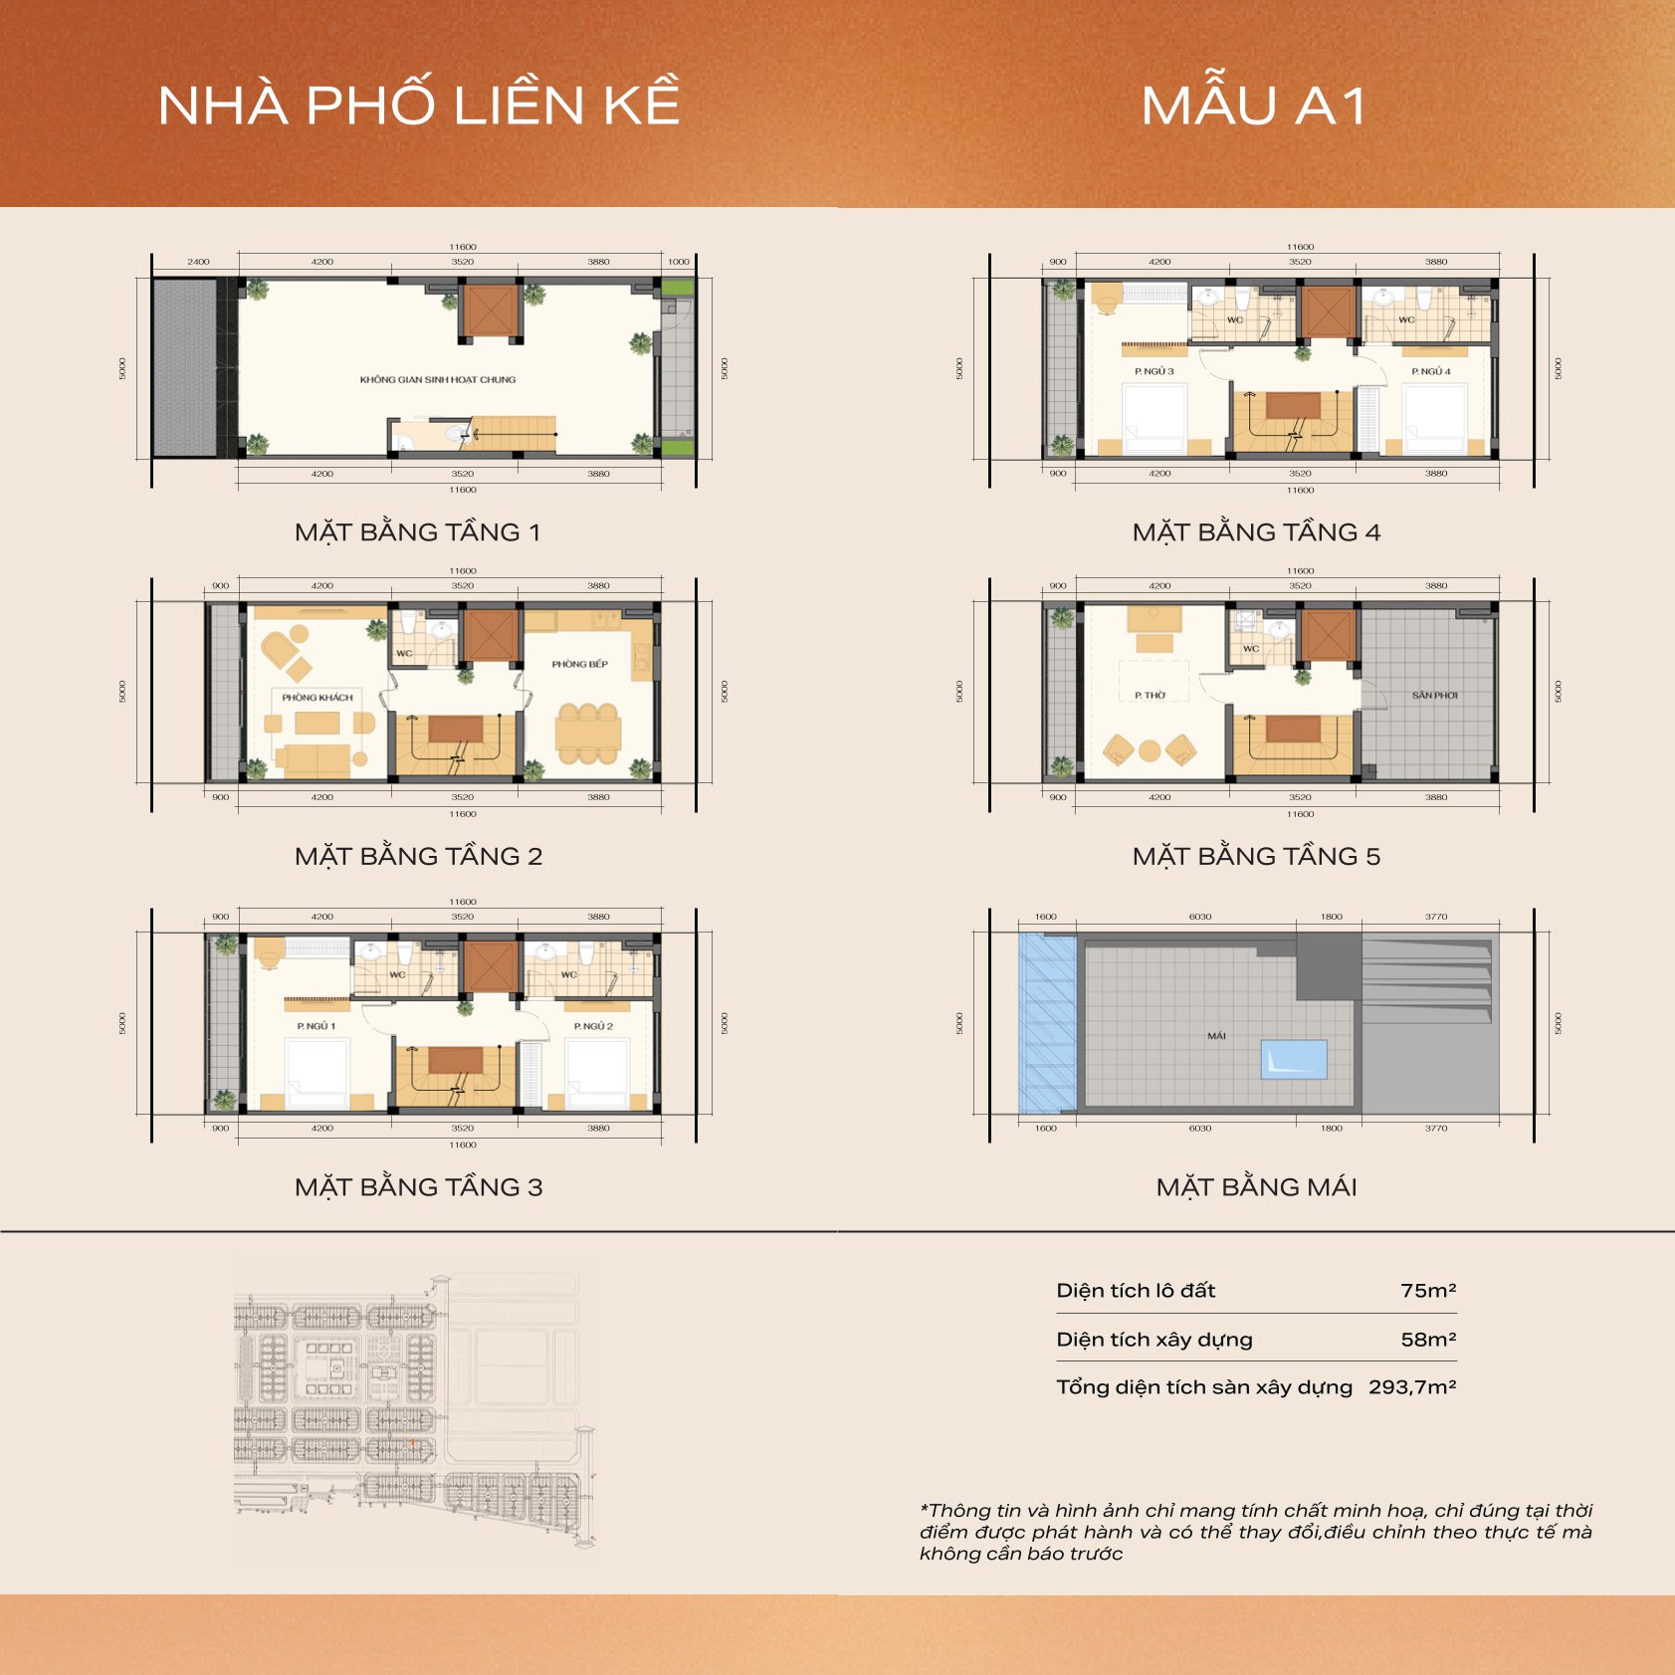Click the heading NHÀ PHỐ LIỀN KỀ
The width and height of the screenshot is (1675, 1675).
(x=419, y=105)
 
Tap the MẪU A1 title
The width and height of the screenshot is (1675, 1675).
(x=1254, y=105)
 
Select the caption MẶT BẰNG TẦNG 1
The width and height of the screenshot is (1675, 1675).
(x=418, y=532)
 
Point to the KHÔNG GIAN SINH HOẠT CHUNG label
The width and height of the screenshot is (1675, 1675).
(x=438, y=379)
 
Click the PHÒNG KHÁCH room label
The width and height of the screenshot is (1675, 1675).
(x=317, y=697)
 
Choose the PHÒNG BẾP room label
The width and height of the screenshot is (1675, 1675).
(x=579, y=664)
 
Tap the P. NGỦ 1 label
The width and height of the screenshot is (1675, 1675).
(x=315, y=1025)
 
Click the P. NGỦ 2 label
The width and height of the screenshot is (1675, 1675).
(x=593, y=1025)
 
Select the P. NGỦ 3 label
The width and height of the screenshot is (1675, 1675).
(x=1154, y=371)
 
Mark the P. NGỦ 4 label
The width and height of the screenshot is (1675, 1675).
(x=1431, y=371)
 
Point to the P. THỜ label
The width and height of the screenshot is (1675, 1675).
(x=1150, y=696)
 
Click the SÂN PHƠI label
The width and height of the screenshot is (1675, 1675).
(x=1434, y=695)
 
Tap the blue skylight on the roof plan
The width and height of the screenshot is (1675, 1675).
(x=1294, y=1060)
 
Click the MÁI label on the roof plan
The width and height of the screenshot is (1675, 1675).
(x=1216, y=1036)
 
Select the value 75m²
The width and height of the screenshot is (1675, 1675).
(x=1428, y=1291)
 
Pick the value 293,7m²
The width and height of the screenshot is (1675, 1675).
(x=1412, y=1387)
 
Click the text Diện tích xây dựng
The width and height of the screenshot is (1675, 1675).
(x=1154, y=1340)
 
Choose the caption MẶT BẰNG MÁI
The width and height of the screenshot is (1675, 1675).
(x=1256, y=1187)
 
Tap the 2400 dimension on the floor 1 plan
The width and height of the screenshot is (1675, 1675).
(x=198, y=262)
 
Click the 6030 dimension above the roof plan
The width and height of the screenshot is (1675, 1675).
(x=1200, y=917)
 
